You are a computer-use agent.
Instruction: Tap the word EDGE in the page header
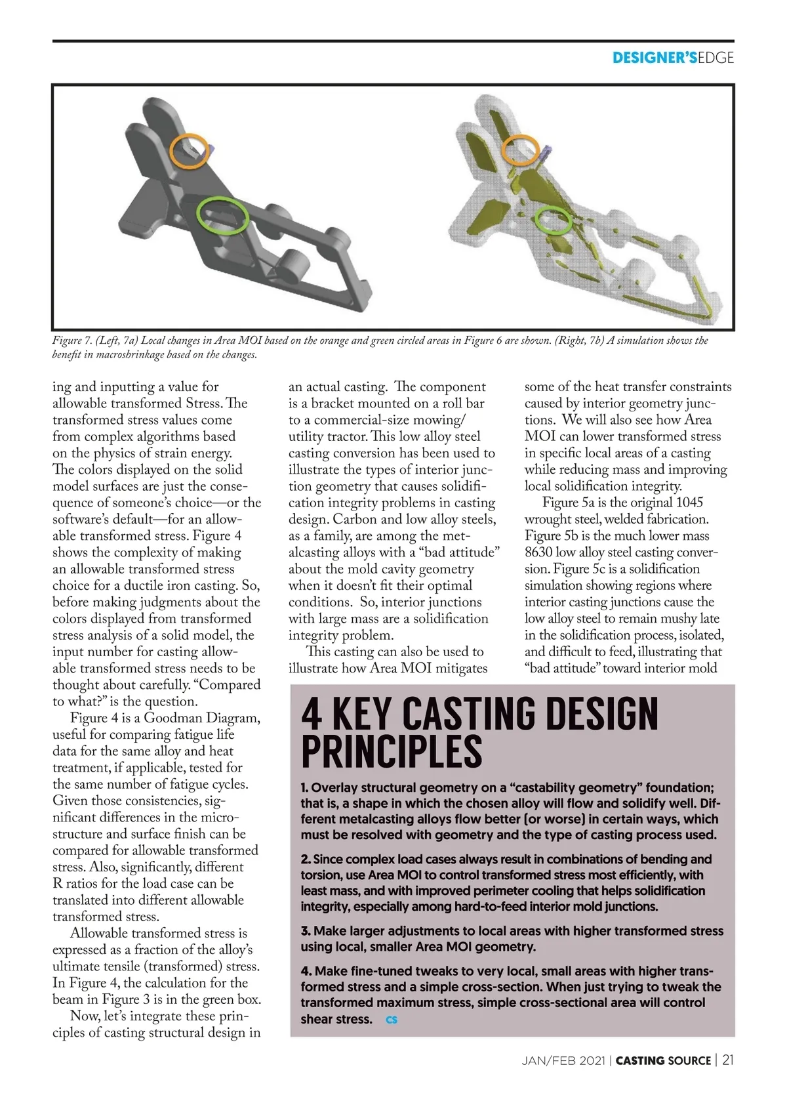(716, 58)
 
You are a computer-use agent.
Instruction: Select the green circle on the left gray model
(222, 215)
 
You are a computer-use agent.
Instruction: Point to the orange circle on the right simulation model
(521, 150)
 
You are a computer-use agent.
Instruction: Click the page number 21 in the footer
(728, 1060)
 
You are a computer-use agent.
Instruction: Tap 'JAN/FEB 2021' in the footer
(563, 1061)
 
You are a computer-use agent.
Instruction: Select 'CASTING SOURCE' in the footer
(663, 1061)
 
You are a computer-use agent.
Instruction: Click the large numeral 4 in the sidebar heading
(312, 714)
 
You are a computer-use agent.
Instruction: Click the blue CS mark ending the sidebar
(392, 1020)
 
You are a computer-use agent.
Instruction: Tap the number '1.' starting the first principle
(305, 787)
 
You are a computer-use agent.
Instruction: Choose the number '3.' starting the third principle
(306, 931)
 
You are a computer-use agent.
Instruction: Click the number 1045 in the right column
(689, 503)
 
